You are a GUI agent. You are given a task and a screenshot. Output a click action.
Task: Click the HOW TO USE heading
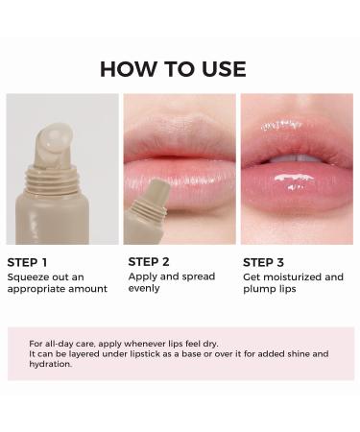[x=173, y=69]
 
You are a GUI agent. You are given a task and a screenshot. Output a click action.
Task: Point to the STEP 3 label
[x=266, y=261]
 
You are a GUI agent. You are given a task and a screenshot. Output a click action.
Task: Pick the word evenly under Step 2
[x=143, y=288]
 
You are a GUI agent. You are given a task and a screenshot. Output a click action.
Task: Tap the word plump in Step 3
[x=258, y=288]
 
